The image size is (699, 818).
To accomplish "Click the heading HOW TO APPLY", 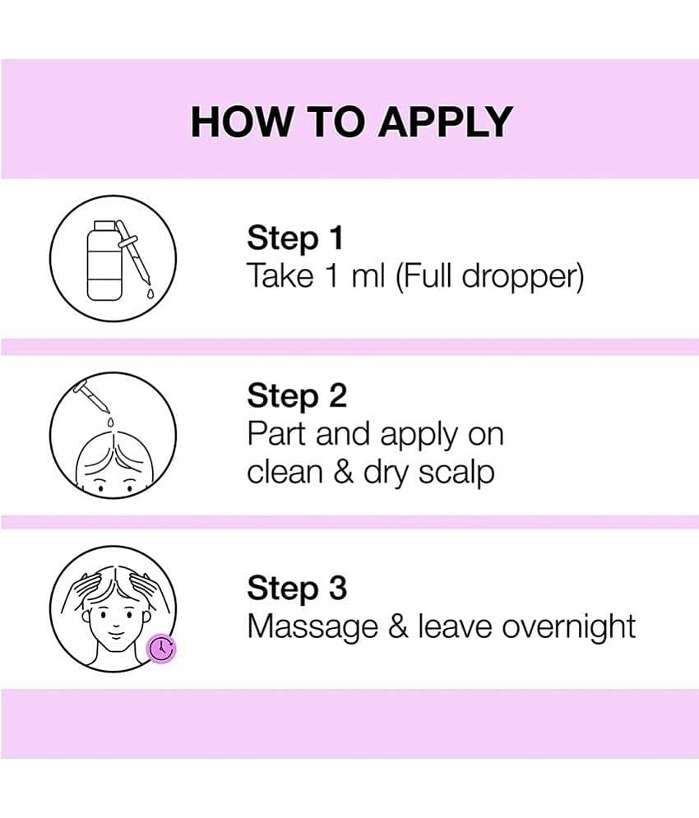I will [x=351, y=122].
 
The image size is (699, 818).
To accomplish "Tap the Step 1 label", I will [x=294, y=238].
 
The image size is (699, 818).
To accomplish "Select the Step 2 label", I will [x=296, y=396].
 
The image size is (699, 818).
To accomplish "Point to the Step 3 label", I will [x=296, y=589].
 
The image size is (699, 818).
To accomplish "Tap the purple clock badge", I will [x=161, y=649].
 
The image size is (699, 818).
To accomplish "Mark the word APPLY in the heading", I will [x=445, y=122].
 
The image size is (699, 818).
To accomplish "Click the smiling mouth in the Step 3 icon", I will [x=113, y=635].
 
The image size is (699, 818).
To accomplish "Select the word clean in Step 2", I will [x=285, y=474].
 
